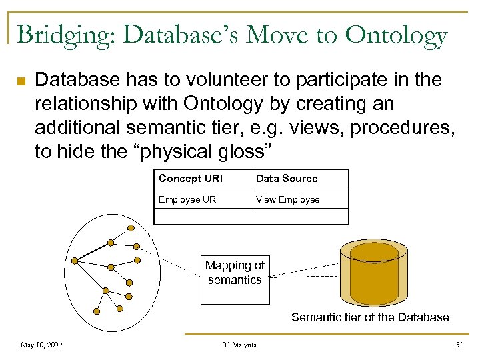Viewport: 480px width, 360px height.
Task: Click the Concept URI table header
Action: (x=190, y=179)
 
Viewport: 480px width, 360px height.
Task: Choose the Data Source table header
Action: (x=287, y=179)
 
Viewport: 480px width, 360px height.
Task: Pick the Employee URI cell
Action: (x=188, y=199)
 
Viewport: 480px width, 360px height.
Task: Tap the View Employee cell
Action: (x=288, y=199)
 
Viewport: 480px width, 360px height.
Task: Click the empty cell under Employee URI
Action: (x=202, y=216)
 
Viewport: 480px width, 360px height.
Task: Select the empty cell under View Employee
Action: (x=299, y=216)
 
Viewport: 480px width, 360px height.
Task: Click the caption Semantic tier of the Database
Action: (x=370, y=317)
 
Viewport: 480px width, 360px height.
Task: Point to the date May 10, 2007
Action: (x=41, y=345)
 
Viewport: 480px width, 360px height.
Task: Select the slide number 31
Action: (x=458, y=345)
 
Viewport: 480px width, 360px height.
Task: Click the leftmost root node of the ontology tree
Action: (x=75, y=259)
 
